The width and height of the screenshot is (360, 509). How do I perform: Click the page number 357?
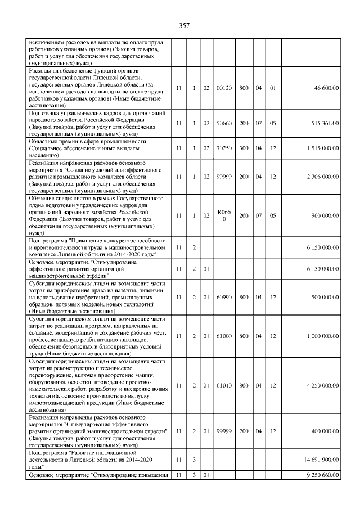coord(184,25)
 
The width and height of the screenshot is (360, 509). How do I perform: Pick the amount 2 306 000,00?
coord(322,176)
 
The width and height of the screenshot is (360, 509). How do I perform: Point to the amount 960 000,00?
coord(325,215)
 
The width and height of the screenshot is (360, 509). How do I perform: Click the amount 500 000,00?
coord(325,297)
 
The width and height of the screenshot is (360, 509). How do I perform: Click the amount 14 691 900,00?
coord(321,460)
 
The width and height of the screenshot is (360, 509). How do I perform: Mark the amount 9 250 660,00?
coord(322,476)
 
